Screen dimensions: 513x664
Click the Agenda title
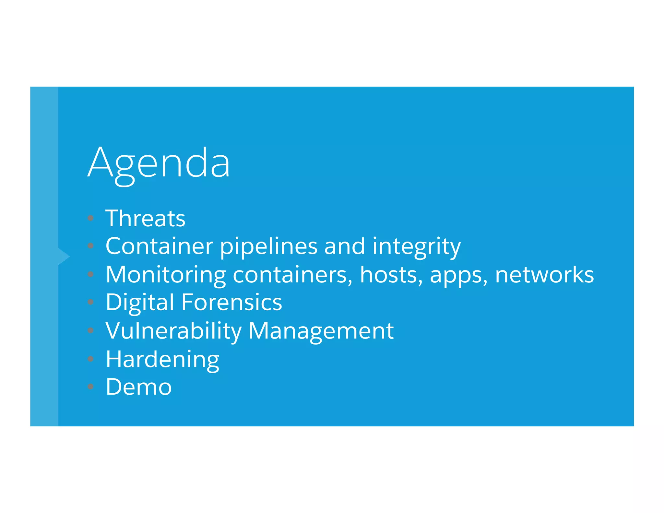click(159, 163)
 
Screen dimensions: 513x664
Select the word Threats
click(145, 218)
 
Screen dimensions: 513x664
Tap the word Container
click(159, 246)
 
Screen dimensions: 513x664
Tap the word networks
click(544, 275)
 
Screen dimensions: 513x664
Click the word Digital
click(140, 303)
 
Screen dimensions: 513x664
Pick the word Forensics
click(231, 302)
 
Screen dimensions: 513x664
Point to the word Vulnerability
click(173, 331)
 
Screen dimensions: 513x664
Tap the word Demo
click(138, 387)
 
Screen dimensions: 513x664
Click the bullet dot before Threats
click(91, 218)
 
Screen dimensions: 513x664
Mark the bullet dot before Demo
click(91, 387)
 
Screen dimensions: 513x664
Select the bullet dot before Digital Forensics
click(91, 302)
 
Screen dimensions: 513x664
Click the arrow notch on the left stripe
click(64, 256)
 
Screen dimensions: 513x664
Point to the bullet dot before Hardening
click(91, 359)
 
